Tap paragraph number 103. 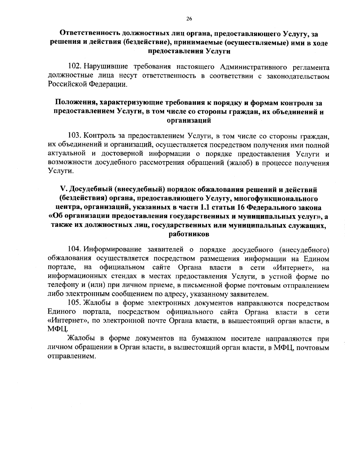[x=74, y=137]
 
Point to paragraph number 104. [x=74, y=250]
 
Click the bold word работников [x=189, y=234]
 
